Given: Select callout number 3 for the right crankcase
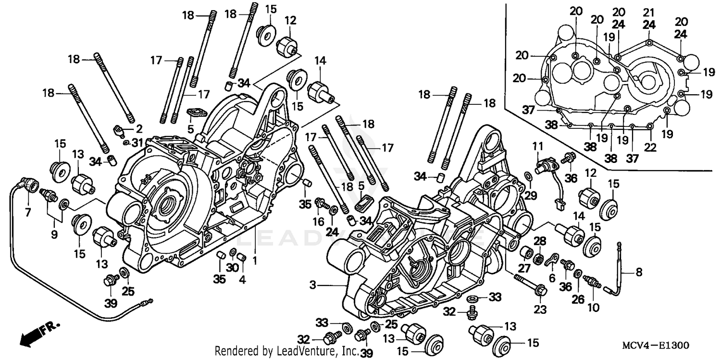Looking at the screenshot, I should point(313,286).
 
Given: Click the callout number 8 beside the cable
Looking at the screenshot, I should point(638,273).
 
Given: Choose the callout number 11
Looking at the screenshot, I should point(537,145).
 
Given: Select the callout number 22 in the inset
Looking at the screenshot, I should point(650,148).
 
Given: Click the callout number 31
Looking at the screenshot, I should point(138,143).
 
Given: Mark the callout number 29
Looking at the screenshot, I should point(530,195).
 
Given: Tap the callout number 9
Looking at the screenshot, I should point(54,235).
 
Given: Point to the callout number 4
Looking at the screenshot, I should point(242,280).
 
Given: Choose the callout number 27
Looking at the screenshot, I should point(524,268).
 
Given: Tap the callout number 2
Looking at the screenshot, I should point(139,128).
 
